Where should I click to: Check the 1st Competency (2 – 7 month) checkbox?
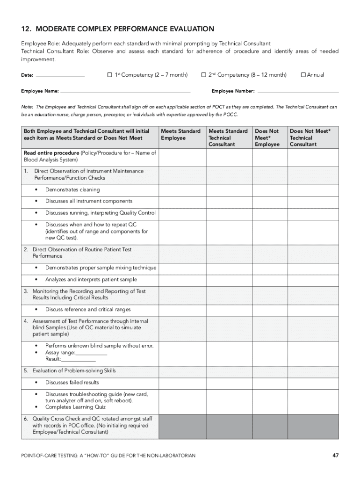(110, 75)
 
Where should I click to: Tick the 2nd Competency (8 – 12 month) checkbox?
(203, 75)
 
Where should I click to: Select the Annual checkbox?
(303, 75)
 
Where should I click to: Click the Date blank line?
(60, 76)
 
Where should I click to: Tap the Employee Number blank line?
(297, 92)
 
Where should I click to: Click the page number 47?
(335, 455)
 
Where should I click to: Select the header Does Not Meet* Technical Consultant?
(310, 138)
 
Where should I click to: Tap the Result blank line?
(78, 360)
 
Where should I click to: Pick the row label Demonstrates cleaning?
(72, 190)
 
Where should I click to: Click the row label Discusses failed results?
(72, 383)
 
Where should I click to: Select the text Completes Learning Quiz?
(75, 407)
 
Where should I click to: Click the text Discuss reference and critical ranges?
(88, 310)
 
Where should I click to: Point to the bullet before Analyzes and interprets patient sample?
(36, 280)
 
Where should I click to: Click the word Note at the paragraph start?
(27, 107)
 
